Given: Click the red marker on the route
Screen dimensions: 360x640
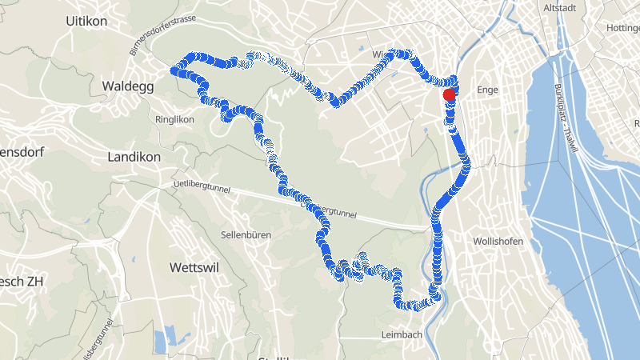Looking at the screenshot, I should (x=449, y=94).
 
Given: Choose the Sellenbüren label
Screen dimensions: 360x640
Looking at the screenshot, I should (x=246, y=235).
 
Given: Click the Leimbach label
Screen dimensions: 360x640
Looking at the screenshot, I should (x=402, y=334).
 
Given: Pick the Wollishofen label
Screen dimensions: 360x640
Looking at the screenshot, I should (x=498, y=241).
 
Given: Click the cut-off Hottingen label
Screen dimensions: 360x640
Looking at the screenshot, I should (x=623, y=28).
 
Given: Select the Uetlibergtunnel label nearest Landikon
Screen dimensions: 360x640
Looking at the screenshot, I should (x=201, y=188).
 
